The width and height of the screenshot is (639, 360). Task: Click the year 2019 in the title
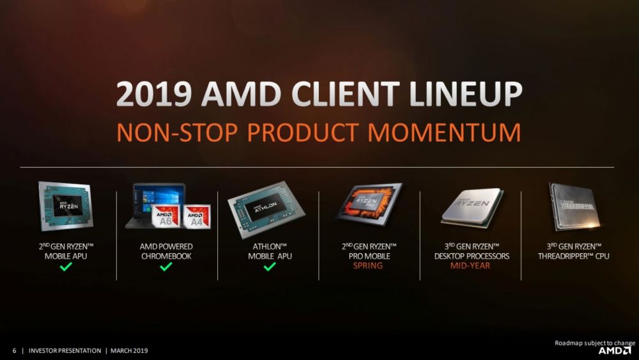pos(153,95)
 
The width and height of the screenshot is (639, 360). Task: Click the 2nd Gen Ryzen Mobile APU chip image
pos(65,207)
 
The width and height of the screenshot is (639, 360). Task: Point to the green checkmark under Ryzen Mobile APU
pos(65,267)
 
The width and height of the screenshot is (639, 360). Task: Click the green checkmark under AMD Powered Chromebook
pos(166,267)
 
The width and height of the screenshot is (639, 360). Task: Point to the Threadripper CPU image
pos(573,205)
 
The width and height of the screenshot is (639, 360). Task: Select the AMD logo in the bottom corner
pos(614,350)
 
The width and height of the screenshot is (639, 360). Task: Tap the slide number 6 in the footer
pos(15,350)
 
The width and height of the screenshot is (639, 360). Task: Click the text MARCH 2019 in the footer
pos(130,350)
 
